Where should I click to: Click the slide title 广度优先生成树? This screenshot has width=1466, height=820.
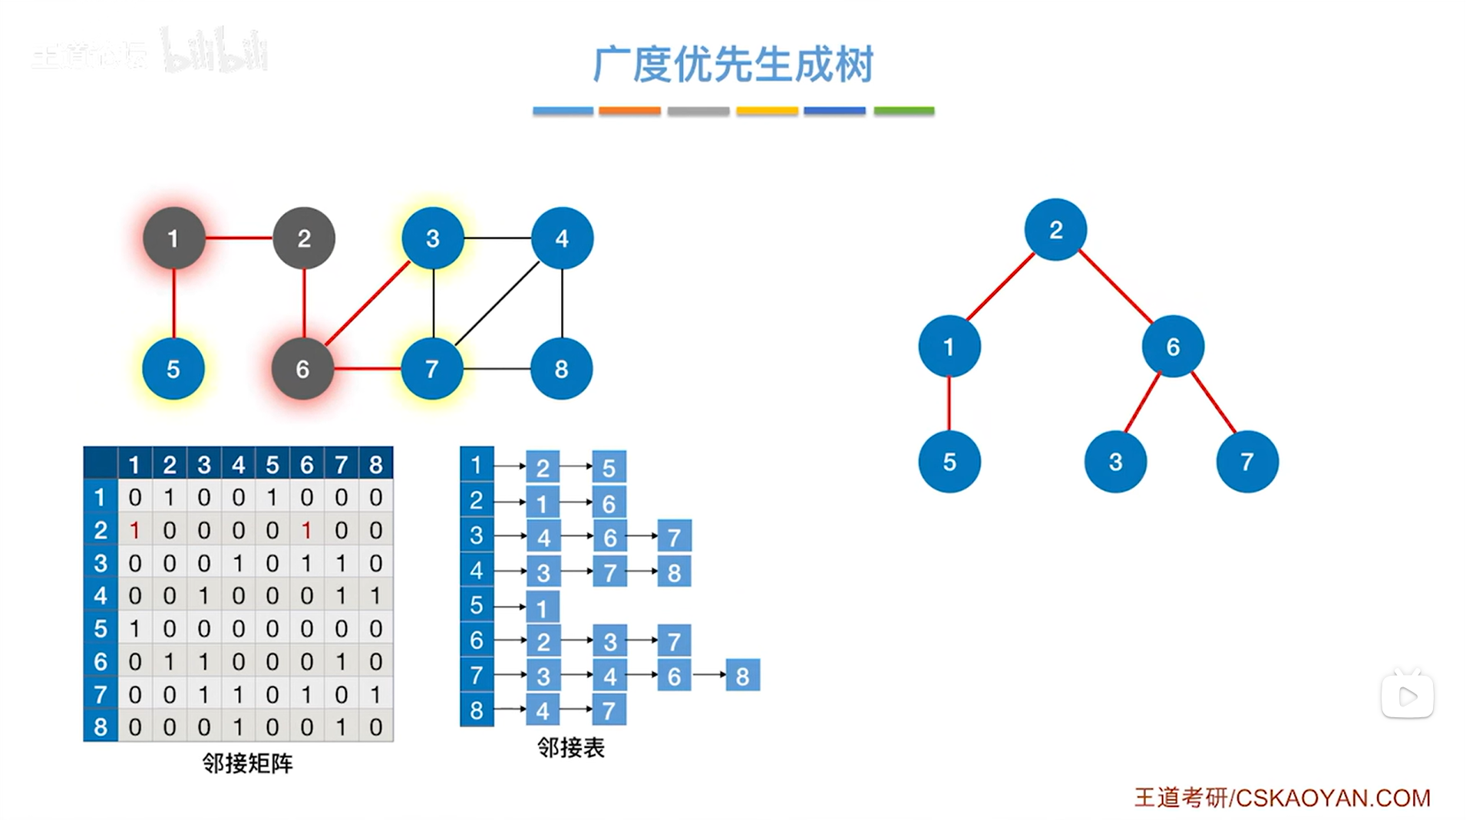(733, 64)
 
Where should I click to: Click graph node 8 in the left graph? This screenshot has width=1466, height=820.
(561, 369)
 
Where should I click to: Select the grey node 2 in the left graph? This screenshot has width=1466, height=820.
(304, 239)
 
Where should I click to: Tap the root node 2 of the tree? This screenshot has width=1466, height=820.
(1055, 229)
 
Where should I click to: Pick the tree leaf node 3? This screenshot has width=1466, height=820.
(1115, 462)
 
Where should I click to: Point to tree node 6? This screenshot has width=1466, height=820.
(1172, 347)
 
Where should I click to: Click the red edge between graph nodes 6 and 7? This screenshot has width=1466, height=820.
(367, 369)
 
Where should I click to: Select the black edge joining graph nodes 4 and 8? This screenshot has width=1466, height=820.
(562, 303)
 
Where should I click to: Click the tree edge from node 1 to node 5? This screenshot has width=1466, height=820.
(949, 403)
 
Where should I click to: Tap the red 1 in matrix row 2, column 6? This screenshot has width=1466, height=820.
(306, 530)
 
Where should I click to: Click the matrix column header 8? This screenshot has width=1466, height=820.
(375, 464)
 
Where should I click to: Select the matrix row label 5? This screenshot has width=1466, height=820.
(101, 629)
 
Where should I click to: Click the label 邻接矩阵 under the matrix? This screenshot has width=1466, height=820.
(247, 763)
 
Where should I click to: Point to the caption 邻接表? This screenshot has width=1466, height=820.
(570, 747)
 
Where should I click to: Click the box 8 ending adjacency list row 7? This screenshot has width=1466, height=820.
(742, 676)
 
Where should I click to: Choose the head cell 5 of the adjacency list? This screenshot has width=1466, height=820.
(477, 605)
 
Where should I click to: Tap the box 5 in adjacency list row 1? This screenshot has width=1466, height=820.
(609, 467)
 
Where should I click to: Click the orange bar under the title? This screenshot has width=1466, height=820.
(629, 111)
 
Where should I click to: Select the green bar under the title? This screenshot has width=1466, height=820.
(903, 111)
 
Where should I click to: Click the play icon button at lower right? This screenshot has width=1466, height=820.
(1407, 697)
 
